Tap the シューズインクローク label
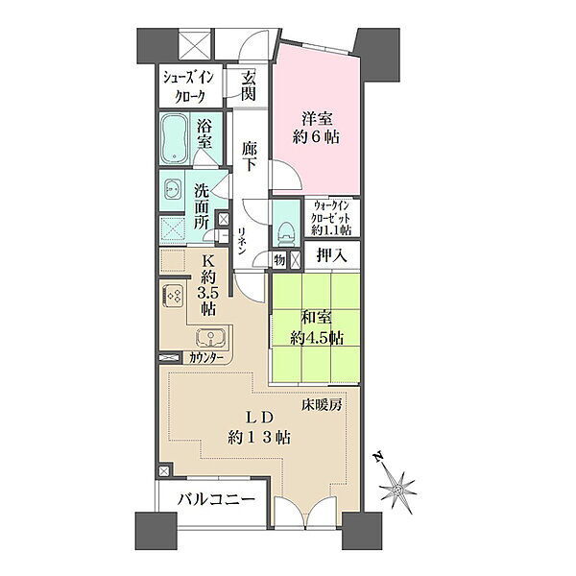point(189,87)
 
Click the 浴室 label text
point(204,134)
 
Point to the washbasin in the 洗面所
point(172,189)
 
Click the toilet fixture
point(286,234)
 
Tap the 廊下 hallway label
point(250,156)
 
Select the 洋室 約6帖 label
point(316,128)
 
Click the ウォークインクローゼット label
point(331,218)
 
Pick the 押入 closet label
point(332,255)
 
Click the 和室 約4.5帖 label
point(317,327)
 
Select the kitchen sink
point(211,337)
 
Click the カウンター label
point(206,357)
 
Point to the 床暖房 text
point(322,405)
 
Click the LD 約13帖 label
point(259,427)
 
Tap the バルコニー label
point(216,499)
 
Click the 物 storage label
point(279,260)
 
